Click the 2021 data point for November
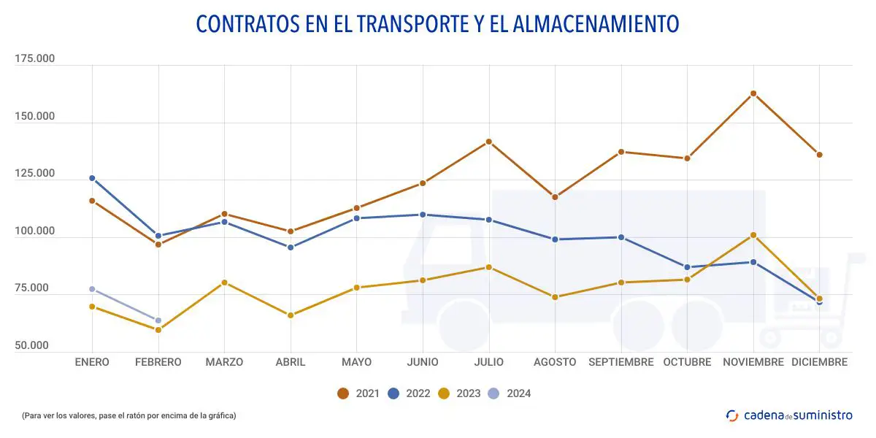(753, 93)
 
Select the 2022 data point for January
(92, 178)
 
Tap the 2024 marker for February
(158, 320)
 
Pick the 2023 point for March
(224, 283)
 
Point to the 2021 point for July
(489, 142)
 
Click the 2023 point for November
(753, 235)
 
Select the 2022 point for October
(687, 267)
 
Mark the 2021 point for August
(555, 197)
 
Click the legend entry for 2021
(358, 393)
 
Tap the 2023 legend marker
(444, 393)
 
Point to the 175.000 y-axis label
(35, 59)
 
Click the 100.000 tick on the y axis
(35, 231)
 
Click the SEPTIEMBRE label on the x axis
(621, 362)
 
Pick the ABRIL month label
(290, 362)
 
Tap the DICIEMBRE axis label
(819, 362)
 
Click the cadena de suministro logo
(789, 415)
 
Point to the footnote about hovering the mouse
(128, 415)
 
